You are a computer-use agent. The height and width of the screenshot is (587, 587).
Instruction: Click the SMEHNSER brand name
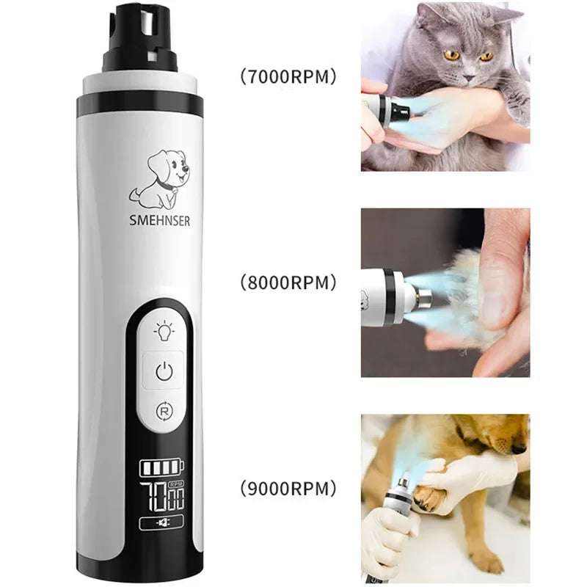(160, 221)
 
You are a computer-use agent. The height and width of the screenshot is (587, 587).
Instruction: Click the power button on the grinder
(164, 372)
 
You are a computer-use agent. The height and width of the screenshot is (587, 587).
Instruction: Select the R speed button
(164, 411)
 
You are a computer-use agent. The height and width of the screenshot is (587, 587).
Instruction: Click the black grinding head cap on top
(139, 40)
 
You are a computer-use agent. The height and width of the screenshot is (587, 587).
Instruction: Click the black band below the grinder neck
(139, 105)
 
